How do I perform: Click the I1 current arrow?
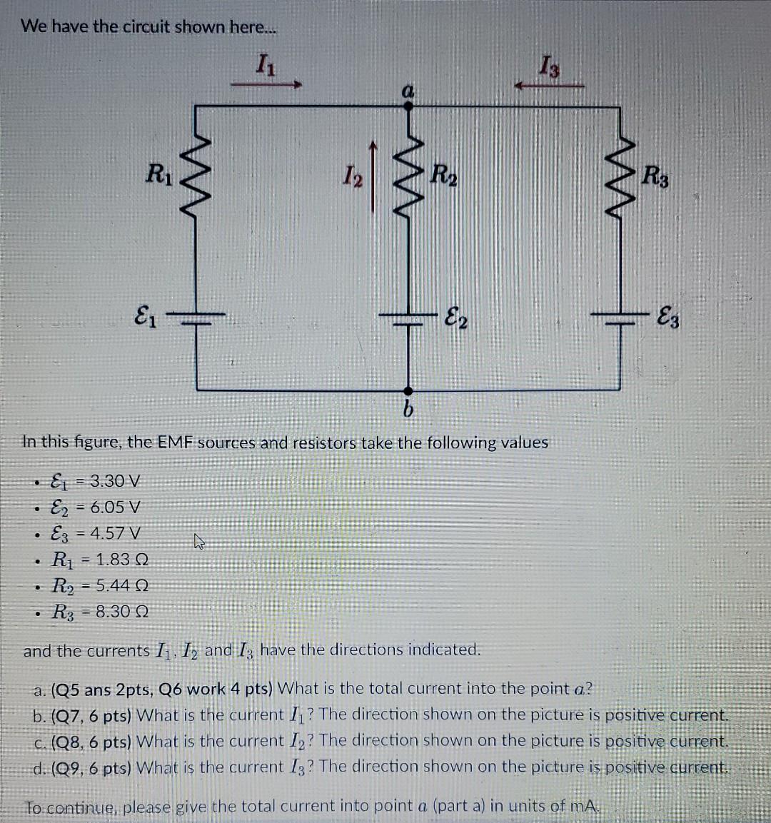pyautogui.click(x=266, y=85)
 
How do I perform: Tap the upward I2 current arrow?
pyautogui.click(x=372, y=174)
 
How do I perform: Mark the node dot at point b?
pyautogui.click(x=408, y=390)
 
